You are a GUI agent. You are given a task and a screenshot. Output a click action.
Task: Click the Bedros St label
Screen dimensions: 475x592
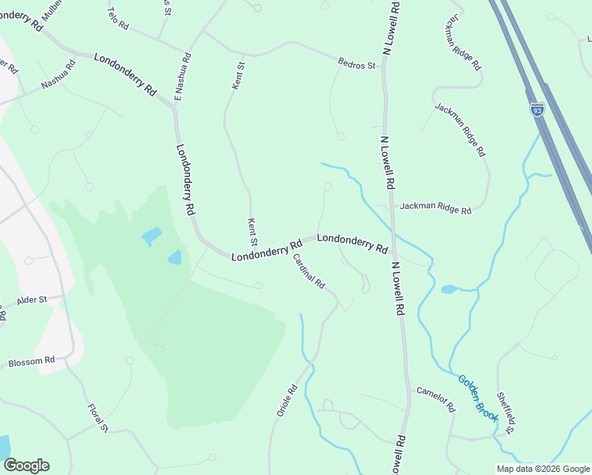[x=356, y=64]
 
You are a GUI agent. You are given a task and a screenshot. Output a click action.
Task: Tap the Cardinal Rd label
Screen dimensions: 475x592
[x=309, y=271]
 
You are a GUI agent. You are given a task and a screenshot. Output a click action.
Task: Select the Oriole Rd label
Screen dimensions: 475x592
[x=286, y=400]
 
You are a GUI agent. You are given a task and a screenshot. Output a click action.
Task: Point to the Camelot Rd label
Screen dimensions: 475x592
[x=436, y=399]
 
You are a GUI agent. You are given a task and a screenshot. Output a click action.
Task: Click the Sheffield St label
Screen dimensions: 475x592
[x=505, y=412]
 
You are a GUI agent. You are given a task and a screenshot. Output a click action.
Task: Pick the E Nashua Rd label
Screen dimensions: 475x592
[x=182, y=77]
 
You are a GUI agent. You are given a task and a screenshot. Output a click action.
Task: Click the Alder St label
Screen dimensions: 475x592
[x=32, y=300]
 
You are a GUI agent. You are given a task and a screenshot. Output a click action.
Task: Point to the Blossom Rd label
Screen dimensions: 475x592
[x=32, y=362]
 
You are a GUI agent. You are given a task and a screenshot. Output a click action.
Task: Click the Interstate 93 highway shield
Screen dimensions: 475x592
[x=537, y=109]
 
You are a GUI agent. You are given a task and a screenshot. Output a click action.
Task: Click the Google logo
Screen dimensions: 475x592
[x=25, y=465]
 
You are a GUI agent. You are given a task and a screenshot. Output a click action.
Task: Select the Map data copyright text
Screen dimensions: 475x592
[x=542, y=468]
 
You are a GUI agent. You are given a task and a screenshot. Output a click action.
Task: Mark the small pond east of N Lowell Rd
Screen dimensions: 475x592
[x=449, y=289]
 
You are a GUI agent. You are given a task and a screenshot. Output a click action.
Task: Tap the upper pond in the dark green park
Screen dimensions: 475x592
[x=151, y=236]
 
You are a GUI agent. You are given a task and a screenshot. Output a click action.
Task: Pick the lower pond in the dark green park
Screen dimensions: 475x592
[x=174, y=256]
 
